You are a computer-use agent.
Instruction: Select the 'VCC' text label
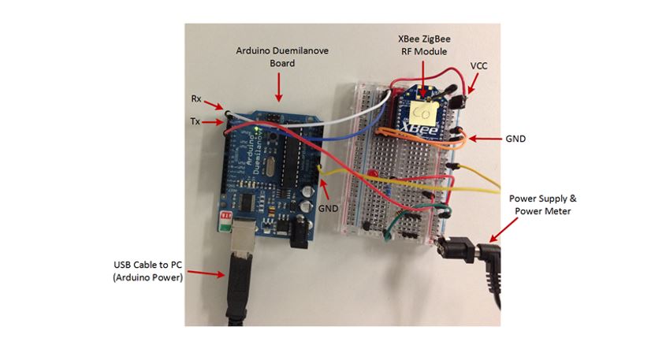pyautogui.click(x=478, y=65)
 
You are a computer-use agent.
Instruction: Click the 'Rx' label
pyautogui.click(x=196, y=98)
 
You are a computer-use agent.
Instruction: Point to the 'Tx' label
pyautogui.click(x=195, y=121)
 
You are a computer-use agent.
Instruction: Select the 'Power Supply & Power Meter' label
pyautogui.click(x=540, y=205)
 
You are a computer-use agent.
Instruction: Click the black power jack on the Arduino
pyautogui.click(x=297, y=230)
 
